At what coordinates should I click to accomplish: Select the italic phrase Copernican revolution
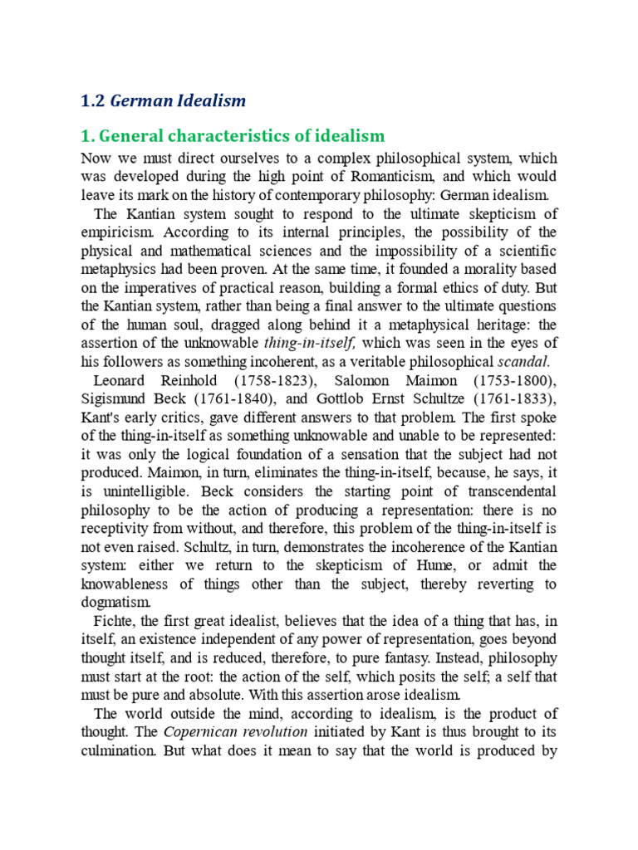235,731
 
